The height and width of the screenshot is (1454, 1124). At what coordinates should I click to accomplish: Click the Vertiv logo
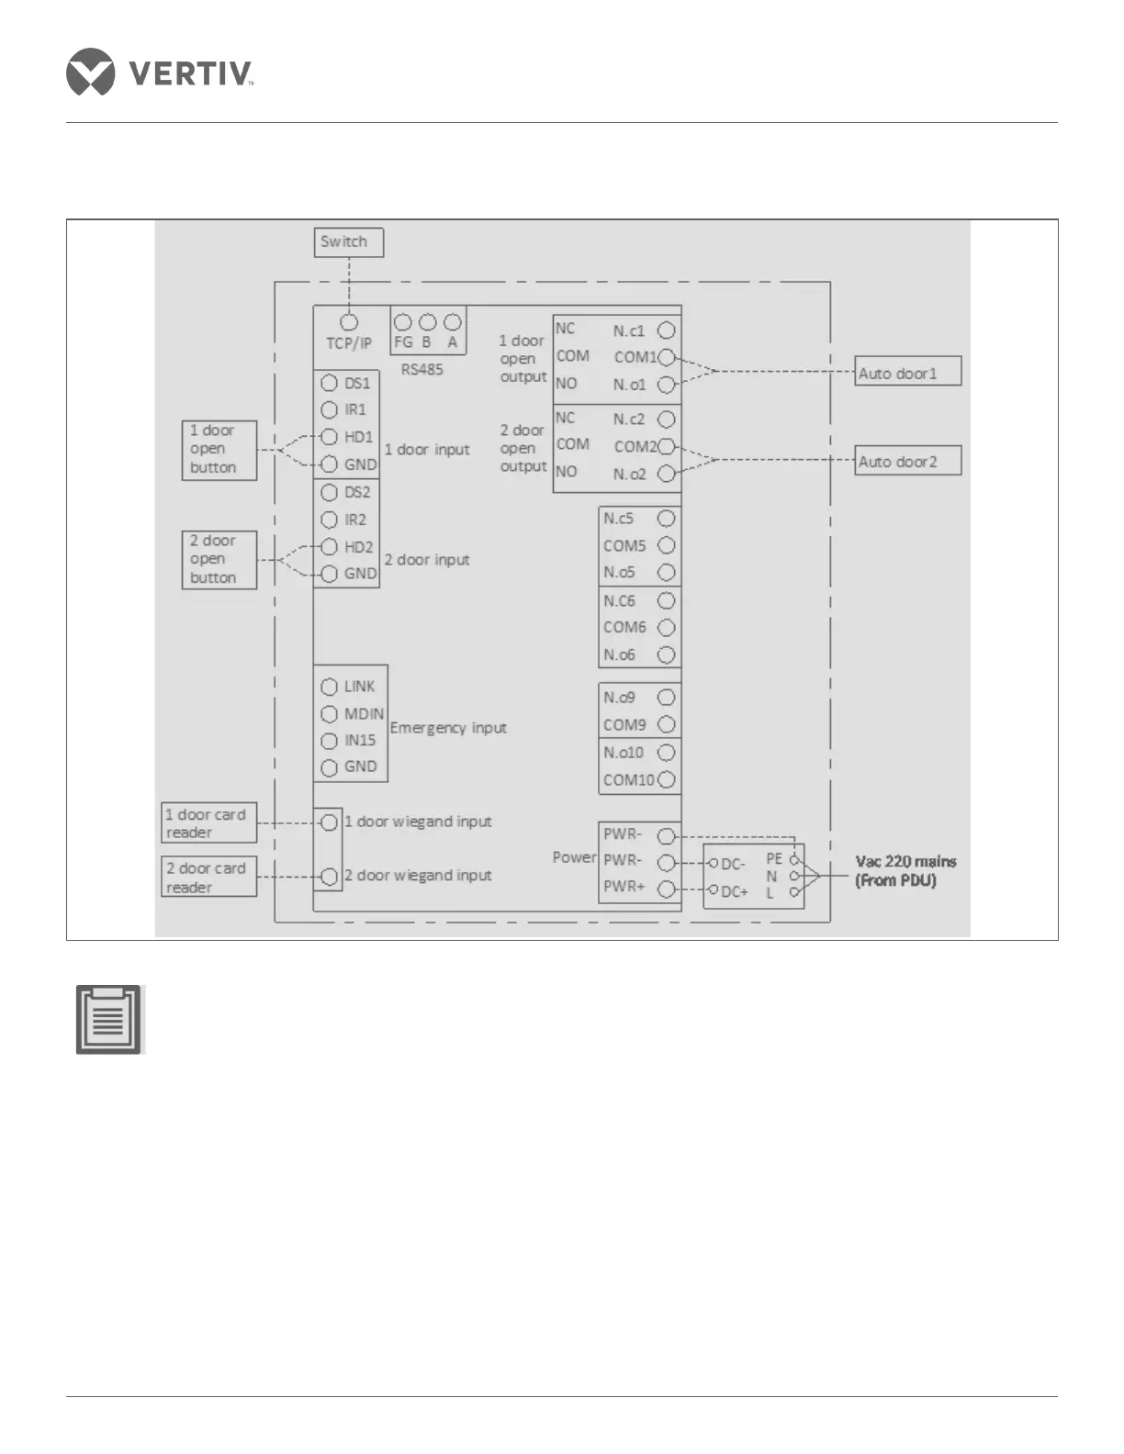pos(159,72)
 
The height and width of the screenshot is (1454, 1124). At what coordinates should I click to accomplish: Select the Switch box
pos(348,242)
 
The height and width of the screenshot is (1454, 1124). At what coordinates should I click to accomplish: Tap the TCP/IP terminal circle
pos(349,323)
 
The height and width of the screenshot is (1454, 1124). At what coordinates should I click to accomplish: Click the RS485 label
pos(421,370)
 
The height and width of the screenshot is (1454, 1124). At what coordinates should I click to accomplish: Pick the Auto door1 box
pos(907,372)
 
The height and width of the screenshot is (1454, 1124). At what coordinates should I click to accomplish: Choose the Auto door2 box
pos(907,461)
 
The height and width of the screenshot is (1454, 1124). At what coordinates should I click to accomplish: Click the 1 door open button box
pos(219,450)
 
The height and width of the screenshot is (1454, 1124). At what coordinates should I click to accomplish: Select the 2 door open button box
pos(219,560)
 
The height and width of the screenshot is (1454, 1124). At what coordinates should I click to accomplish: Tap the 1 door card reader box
pos(208,823)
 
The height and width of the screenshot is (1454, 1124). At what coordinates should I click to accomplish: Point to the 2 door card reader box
pos(208,878)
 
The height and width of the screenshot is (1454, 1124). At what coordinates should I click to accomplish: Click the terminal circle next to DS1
pos(329,384)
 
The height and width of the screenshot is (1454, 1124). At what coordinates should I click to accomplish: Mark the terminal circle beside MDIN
pos(329,714)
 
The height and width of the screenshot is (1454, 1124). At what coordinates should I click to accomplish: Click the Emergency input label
pos(448,728)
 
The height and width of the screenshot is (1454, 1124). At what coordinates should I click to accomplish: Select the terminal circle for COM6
pos(667,628)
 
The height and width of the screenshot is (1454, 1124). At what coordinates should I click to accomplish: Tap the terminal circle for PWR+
pos(667,889)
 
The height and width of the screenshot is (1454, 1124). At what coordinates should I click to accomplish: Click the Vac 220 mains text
pos(905,862)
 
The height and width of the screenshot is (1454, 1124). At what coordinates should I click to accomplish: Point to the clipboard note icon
pos(108,1020)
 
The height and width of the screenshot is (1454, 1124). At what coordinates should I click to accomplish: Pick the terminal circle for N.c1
pos(667,330)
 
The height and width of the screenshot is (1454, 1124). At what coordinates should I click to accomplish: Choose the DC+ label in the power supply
pos(734,891)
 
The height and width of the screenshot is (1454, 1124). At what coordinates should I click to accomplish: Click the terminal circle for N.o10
pos(667,753)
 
